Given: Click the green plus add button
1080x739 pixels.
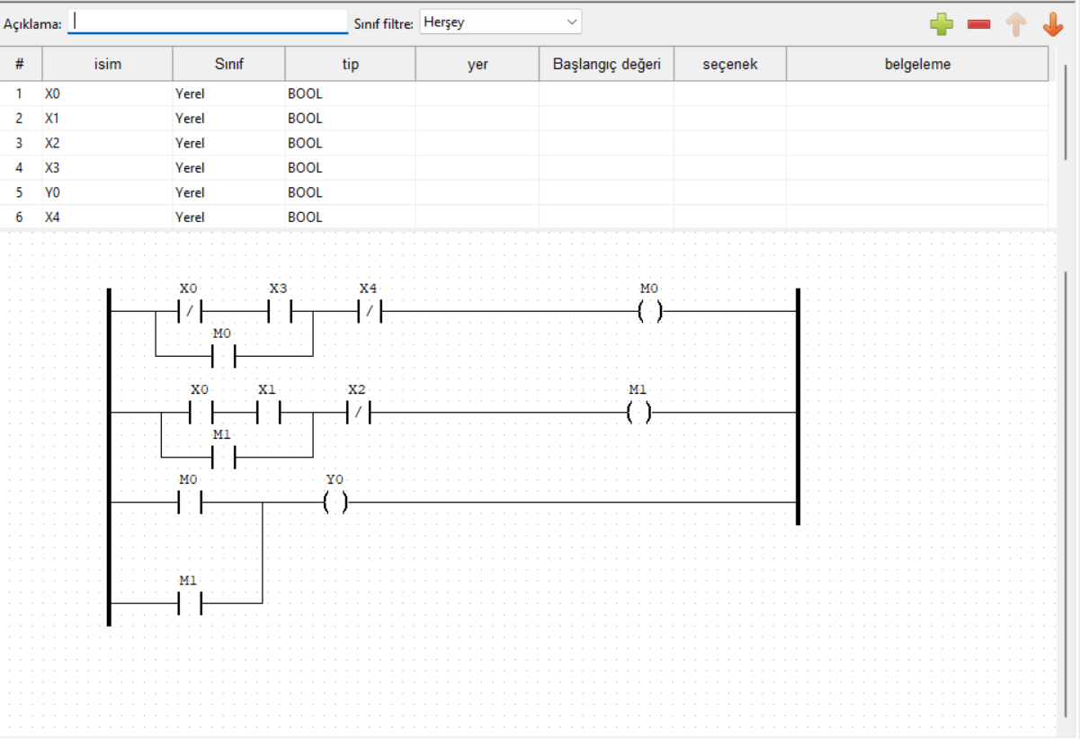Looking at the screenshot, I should tap(942, 24).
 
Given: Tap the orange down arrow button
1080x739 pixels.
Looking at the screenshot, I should tap(1053, 24).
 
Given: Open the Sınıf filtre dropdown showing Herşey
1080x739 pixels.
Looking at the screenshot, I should tap(500, 22).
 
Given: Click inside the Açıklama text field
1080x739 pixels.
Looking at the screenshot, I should tap(208, 22).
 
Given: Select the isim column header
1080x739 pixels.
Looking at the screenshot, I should tap(107, 64).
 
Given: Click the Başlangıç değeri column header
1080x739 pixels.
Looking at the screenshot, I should tap(606, 64).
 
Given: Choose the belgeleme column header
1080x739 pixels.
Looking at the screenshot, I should tap(916, 64).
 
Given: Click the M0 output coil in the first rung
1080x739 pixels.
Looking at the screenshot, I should tap(649, 312).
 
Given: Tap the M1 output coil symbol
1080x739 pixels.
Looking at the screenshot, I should tap(638, 413).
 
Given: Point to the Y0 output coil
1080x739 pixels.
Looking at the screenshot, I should tap(335, 503).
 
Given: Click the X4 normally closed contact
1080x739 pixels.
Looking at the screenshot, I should tap(369, 312).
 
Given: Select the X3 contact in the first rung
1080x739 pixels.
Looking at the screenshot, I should tap(279, 312).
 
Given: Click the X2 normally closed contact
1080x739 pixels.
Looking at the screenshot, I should tap(357, 413).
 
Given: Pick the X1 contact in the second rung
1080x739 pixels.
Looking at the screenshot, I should tap(267, 413).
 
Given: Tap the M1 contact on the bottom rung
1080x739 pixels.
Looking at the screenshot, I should tap(189, 603).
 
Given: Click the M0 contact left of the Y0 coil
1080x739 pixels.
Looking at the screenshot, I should tap(189, 503).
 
